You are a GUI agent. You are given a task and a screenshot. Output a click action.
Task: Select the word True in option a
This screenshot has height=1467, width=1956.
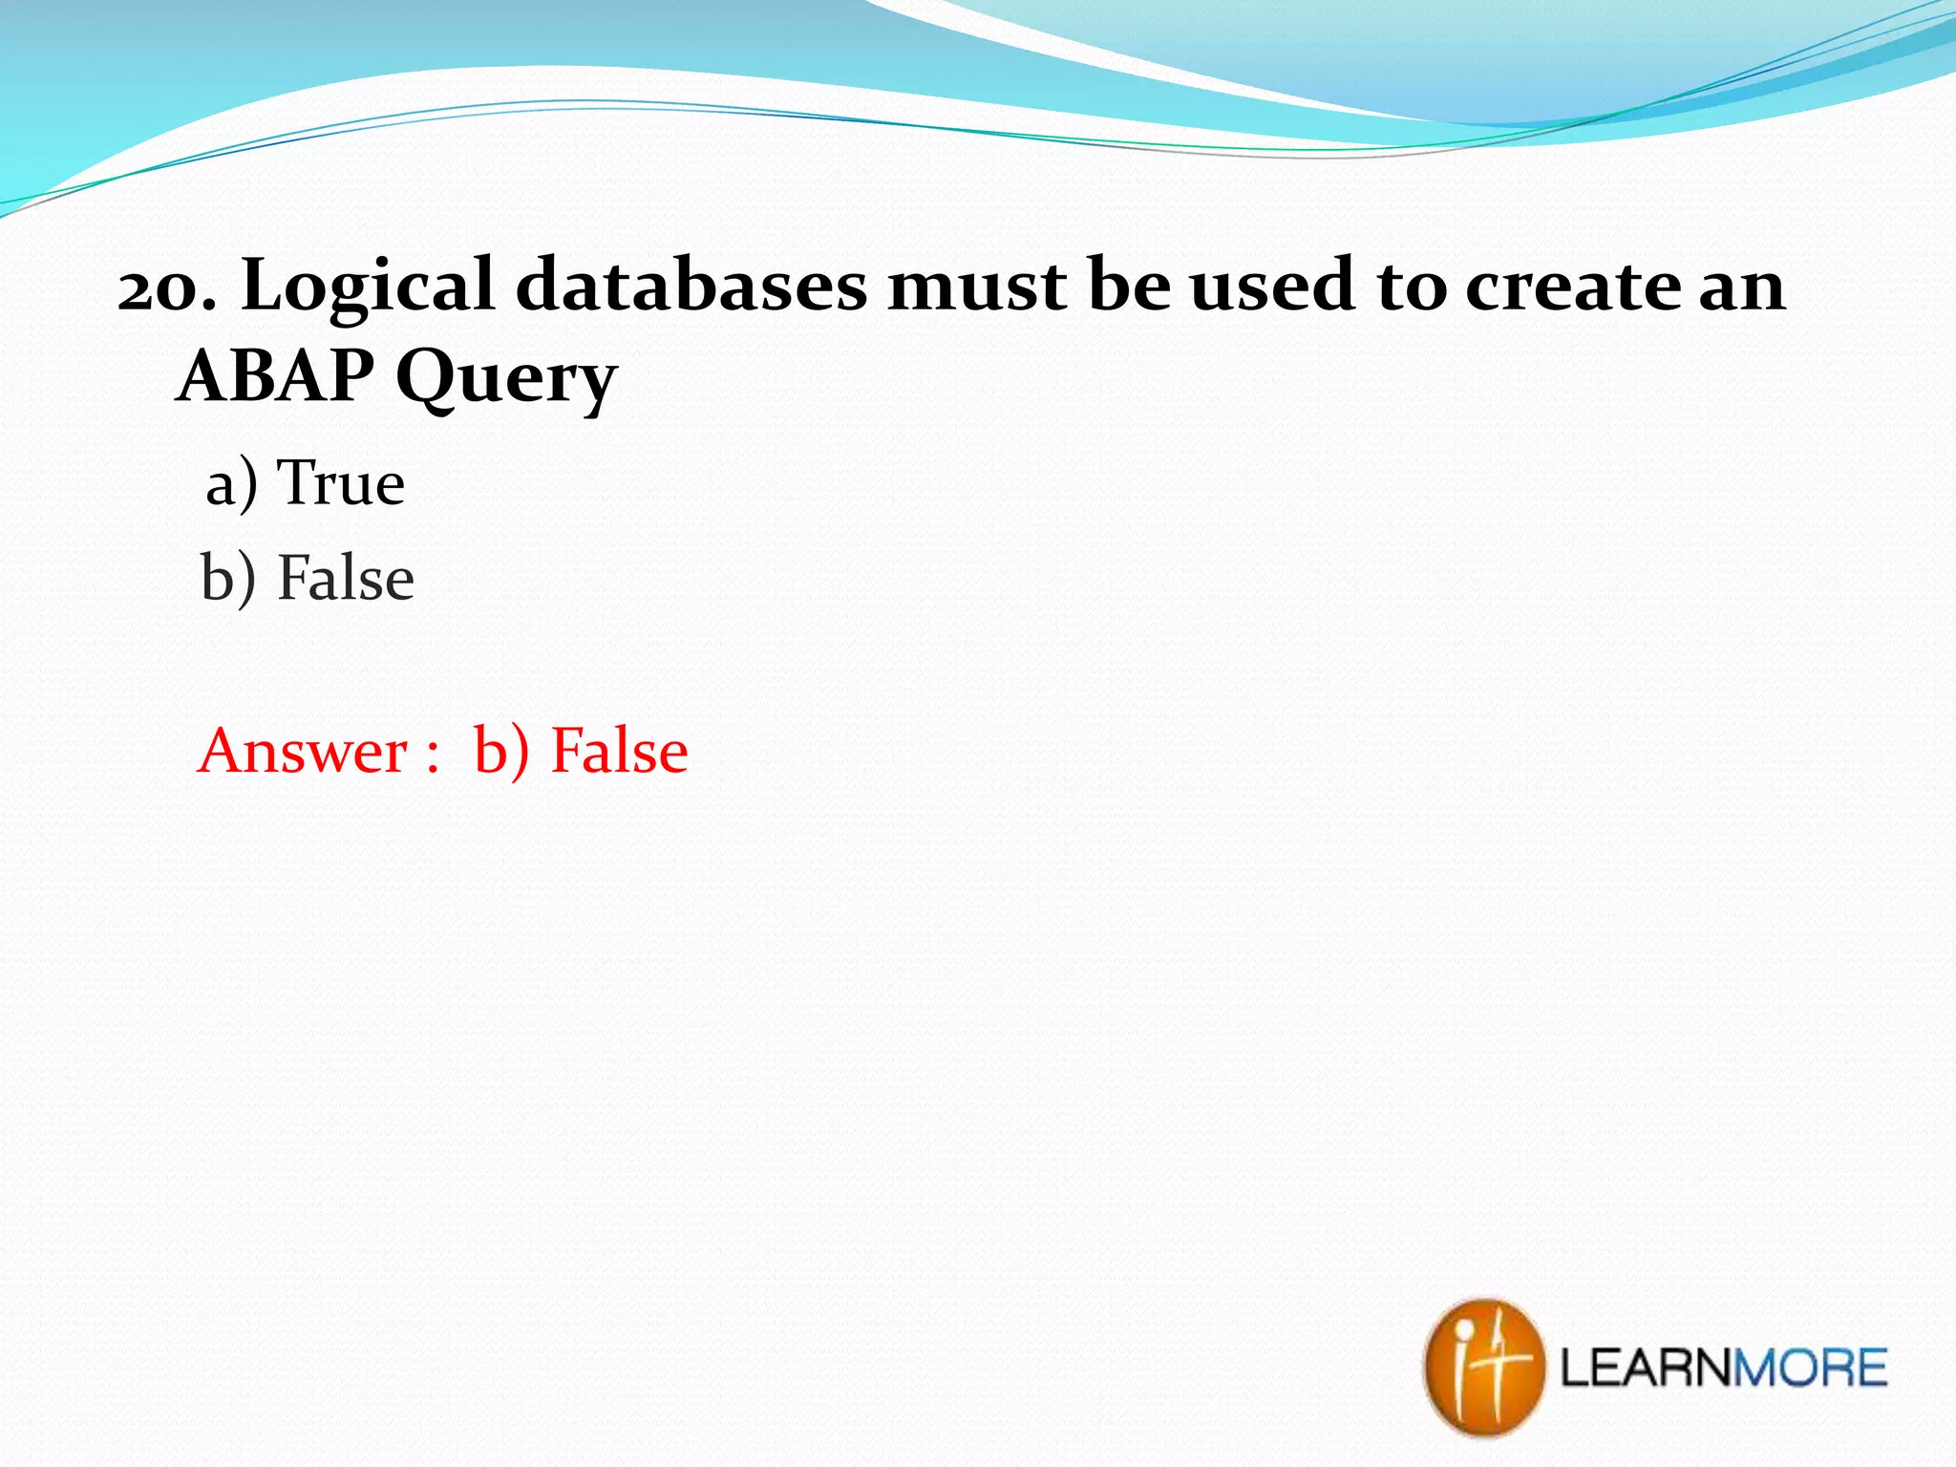click(x=341, y=483)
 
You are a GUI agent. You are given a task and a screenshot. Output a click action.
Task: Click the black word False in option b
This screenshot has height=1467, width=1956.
click(x=346, y=578)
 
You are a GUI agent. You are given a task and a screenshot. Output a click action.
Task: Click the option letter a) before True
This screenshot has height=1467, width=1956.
click(x=231, y=483)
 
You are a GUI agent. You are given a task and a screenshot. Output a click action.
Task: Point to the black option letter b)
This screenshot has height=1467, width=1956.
click(x=228, y=579)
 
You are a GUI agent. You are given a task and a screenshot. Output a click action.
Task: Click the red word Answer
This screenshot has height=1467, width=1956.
click(x=303, y=751)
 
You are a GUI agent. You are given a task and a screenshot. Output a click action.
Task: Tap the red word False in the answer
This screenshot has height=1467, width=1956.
click(x=619, y=751)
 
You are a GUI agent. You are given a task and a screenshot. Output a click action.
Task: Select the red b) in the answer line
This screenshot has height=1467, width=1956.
click(x=500, y=751)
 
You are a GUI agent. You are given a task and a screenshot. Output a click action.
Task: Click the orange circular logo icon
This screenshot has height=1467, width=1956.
click(x=1482, y=1367)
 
